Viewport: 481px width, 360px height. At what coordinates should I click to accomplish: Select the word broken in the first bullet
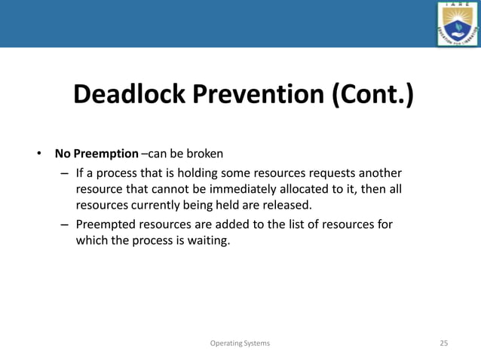[x=205, y=154]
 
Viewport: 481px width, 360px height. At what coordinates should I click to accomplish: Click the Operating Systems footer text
[x=240, y=343]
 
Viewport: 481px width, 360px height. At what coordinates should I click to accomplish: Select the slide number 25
[x=443, y=343]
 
